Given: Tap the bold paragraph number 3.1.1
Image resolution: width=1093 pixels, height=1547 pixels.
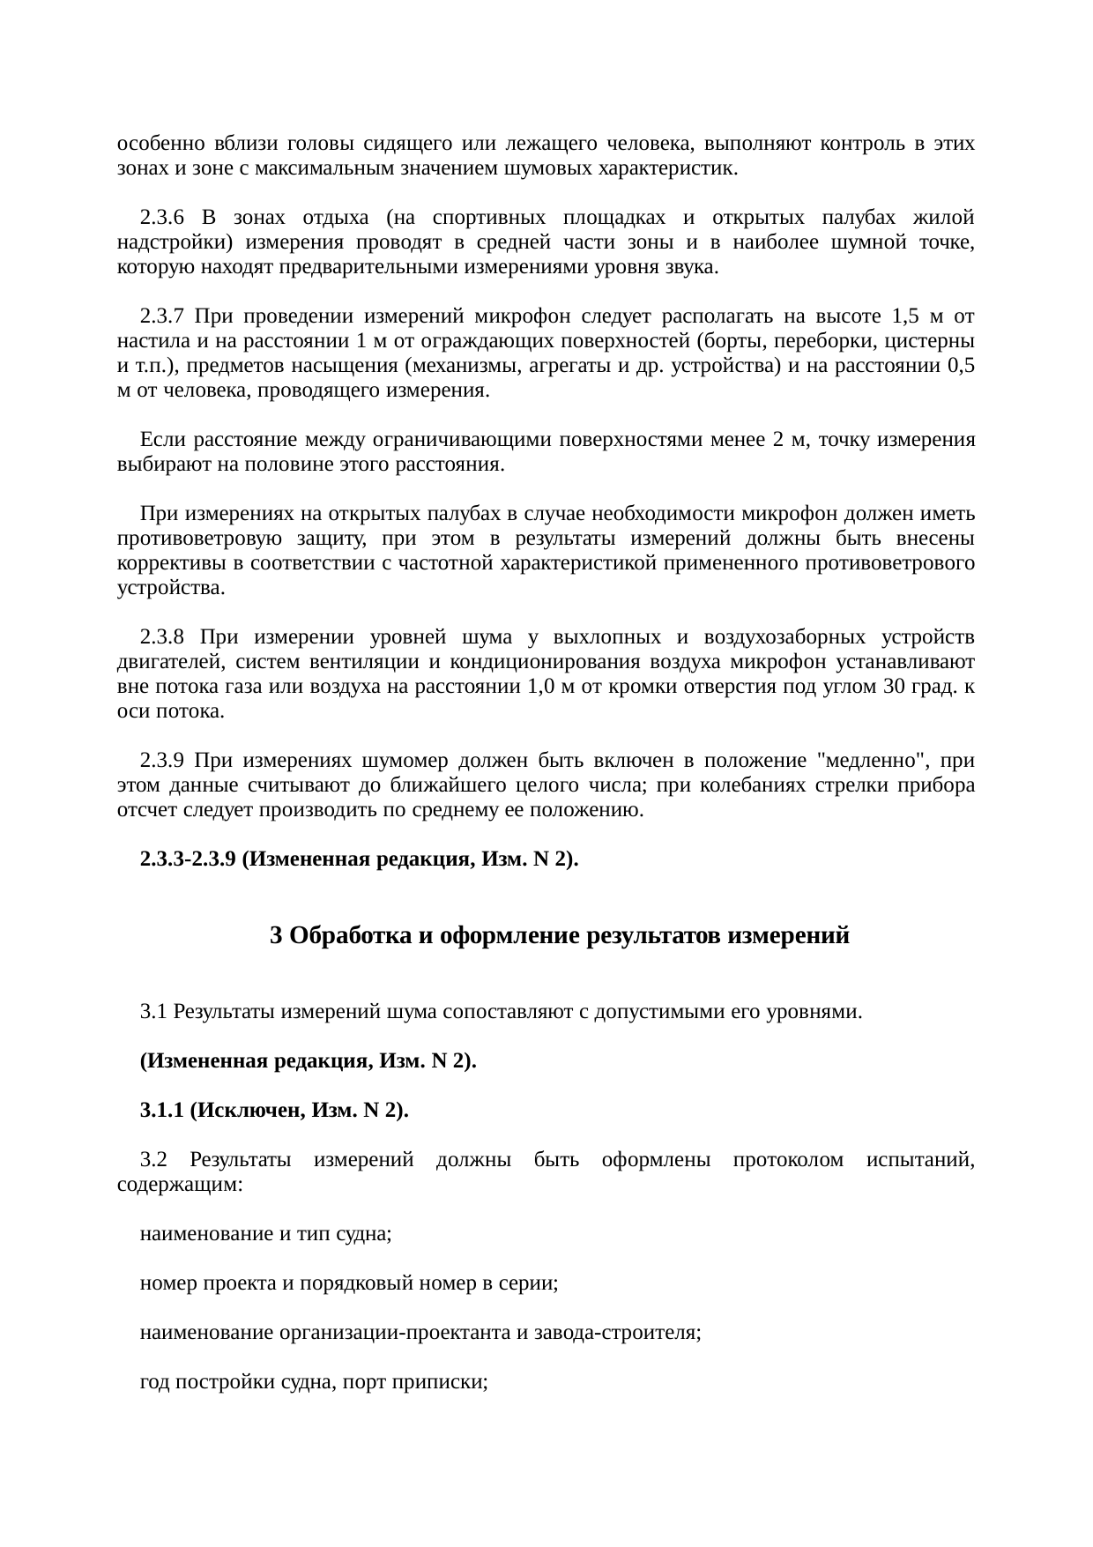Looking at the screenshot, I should point(160,1110).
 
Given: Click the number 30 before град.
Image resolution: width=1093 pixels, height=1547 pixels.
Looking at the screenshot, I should point(891,686).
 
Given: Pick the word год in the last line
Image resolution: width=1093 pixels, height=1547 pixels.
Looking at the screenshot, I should point(154,1383).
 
